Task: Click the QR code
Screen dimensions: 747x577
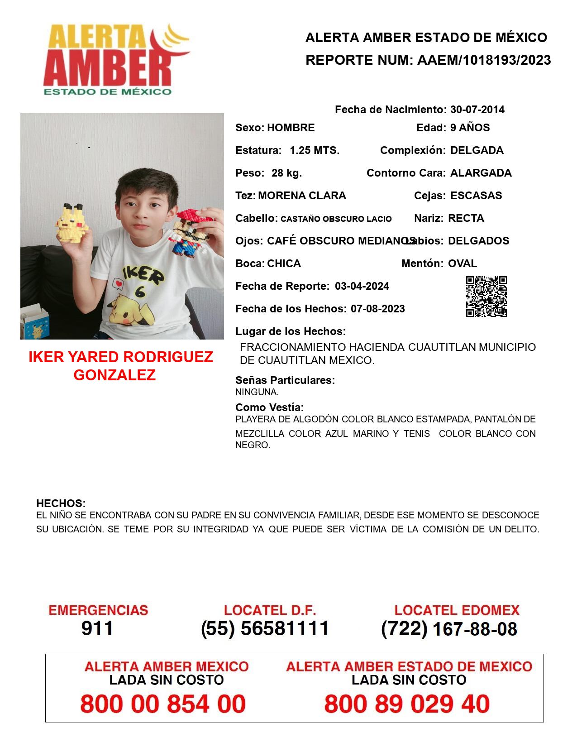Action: [x=486, y=297]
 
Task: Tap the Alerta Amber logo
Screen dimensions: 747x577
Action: [x=115, y=59]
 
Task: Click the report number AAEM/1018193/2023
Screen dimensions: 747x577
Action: [x=484, y=60]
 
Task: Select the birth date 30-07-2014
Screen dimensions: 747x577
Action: [x=477, y=110]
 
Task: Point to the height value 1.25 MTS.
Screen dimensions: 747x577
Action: [x=315, y=150]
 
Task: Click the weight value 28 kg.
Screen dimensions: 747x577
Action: [x=286, y=173]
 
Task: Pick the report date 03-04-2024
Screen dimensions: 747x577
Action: [x=362, y=286]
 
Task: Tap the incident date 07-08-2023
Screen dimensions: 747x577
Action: [x=377, y=309]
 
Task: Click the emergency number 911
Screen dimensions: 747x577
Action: [x=97, y=628]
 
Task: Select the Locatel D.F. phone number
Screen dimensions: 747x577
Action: [x=265, y=628]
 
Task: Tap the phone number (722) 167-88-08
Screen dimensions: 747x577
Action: [x=449, y=629]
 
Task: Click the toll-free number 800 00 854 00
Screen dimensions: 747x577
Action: [x=163, y=704]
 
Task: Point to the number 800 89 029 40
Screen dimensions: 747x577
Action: [x=407, y=704]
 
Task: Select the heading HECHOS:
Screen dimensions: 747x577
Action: [x=61, y=503]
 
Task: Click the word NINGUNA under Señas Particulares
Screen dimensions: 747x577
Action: [x=257, y=392]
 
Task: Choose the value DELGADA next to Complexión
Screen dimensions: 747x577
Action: [x=477, y=150]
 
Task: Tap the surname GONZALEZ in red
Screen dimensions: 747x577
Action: [x=114, y=375]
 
